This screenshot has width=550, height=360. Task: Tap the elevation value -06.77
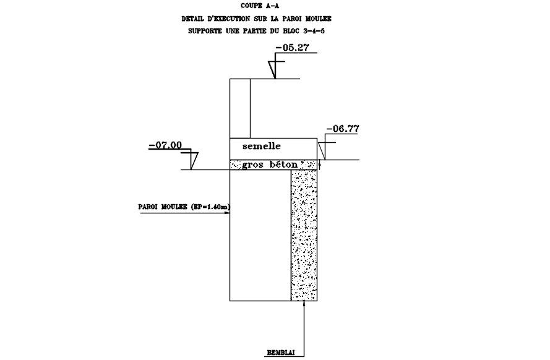click(342, 129)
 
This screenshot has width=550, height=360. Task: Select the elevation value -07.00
click(165, 145)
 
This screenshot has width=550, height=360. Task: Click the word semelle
click(262, 147)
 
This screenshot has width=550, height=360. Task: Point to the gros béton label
click(270, 165)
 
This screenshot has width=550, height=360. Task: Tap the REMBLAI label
click(280, 352)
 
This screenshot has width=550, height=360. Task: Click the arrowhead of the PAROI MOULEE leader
click(228, 213)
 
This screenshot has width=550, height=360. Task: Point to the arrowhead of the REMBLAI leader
click(304, 304)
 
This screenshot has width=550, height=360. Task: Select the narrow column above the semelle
click(239, 108)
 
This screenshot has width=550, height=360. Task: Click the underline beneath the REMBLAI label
click(280, 357)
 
